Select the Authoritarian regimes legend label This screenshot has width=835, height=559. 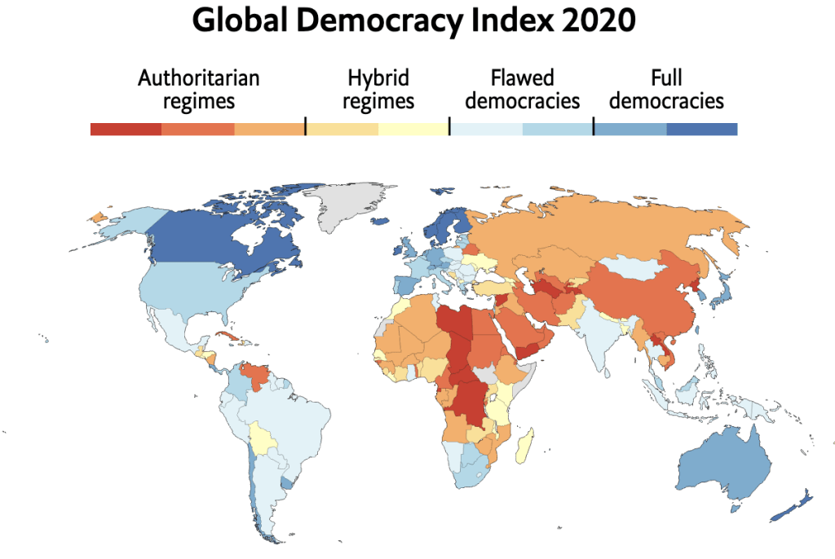pos(198,90)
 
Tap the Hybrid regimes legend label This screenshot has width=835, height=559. pos(378,90)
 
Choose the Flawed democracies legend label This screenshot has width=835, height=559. pos(522,90)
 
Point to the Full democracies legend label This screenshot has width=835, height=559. pos(666,90)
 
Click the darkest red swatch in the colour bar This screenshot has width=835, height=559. pos(126,129)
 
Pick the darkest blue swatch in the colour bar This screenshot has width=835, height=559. pos(701,129)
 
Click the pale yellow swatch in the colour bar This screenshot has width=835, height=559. pos(413,129)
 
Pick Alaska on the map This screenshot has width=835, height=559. pos(122,222)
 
